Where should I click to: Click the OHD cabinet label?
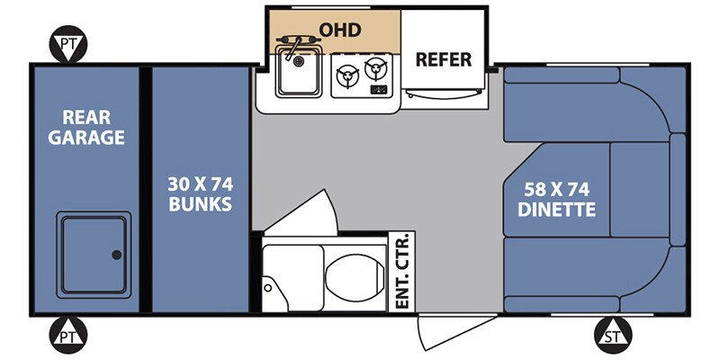pos(340,30)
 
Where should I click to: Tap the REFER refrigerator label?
pos(443,59)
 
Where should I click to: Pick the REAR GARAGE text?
pos(86,127)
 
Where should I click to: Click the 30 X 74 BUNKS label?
pos(200,193)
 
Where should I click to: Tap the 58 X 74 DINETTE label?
pos(556,199)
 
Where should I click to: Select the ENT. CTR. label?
pos(401,272)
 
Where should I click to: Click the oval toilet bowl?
pos(355,278)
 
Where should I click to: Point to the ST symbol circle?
pos(613,335)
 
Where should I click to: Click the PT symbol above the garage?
pos(68,44)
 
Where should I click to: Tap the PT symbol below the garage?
pos(68,335)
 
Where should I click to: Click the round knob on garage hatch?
pos(117,255)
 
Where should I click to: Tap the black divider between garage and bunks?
pos(146,189)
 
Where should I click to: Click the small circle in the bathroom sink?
pos(267,288)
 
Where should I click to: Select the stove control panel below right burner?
pos(379,89)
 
